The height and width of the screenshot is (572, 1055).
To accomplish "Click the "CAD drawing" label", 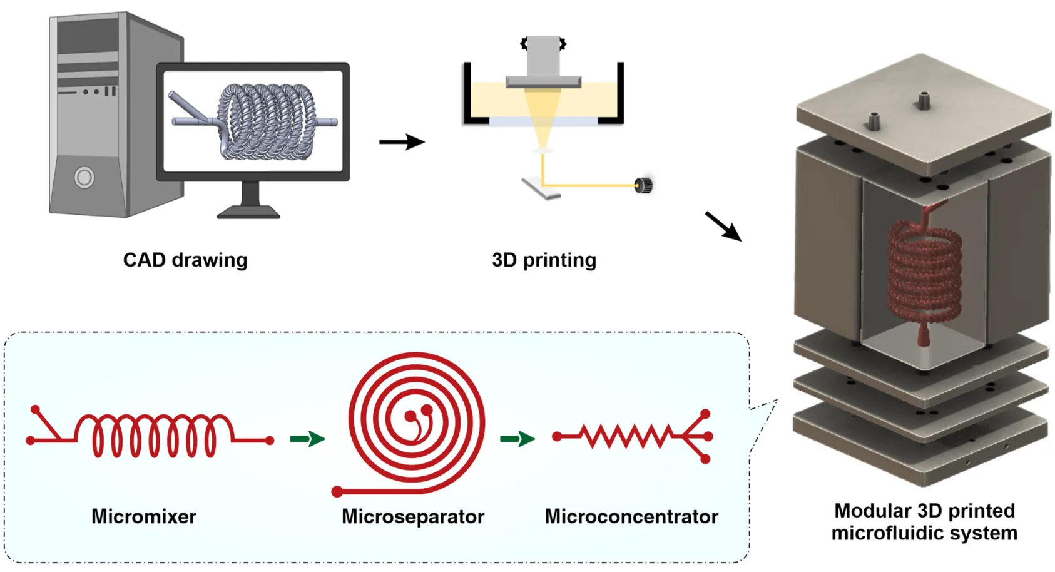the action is click(x=185, y=260).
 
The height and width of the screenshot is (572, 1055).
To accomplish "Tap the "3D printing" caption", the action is click(x=544, y=260).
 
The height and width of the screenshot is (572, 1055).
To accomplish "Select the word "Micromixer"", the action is click(x=144, y=516).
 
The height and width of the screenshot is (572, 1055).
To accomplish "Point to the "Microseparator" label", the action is click(x=413, y=517).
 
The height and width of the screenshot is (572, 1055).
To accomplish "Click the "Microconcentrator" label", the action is click(x=631, y=516).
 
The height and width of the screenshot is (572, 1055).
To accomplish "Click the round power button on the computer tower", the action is click(x=84, y=178).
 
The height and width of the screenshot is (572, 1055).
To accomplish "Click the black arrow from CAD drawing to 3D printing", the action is click(x=402, y=142).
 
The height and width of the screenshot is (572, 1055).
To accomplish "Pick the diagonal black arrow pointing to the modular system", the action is click(x=723, y=227).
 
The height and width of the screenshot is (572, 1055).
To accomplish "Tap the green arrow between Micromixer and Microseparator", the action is click(x=307, y=439).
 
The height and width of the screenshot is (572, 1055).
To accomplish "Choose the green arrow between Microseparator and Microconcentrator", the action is click(x=517, y=439).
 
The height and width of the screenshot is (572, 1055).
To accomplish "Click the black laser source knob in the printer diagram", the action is click(x=643, y=185).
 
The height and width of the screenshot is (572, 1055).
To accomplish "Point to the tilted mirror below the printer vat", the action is click(x=541, y=188).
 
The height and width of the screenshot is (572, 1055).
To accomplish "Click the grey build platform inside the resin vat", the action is click(x=544, y=82).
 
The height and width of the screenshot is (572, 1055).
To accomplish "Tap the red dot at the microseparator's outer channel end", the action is click(x=337, y=492).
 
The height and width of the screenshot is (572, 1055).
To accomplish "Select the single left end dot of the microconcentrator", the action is click(x=557, y=437).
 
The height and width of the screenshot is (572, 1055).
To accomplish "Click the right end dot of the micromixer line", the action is click(x=270, y=441).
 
